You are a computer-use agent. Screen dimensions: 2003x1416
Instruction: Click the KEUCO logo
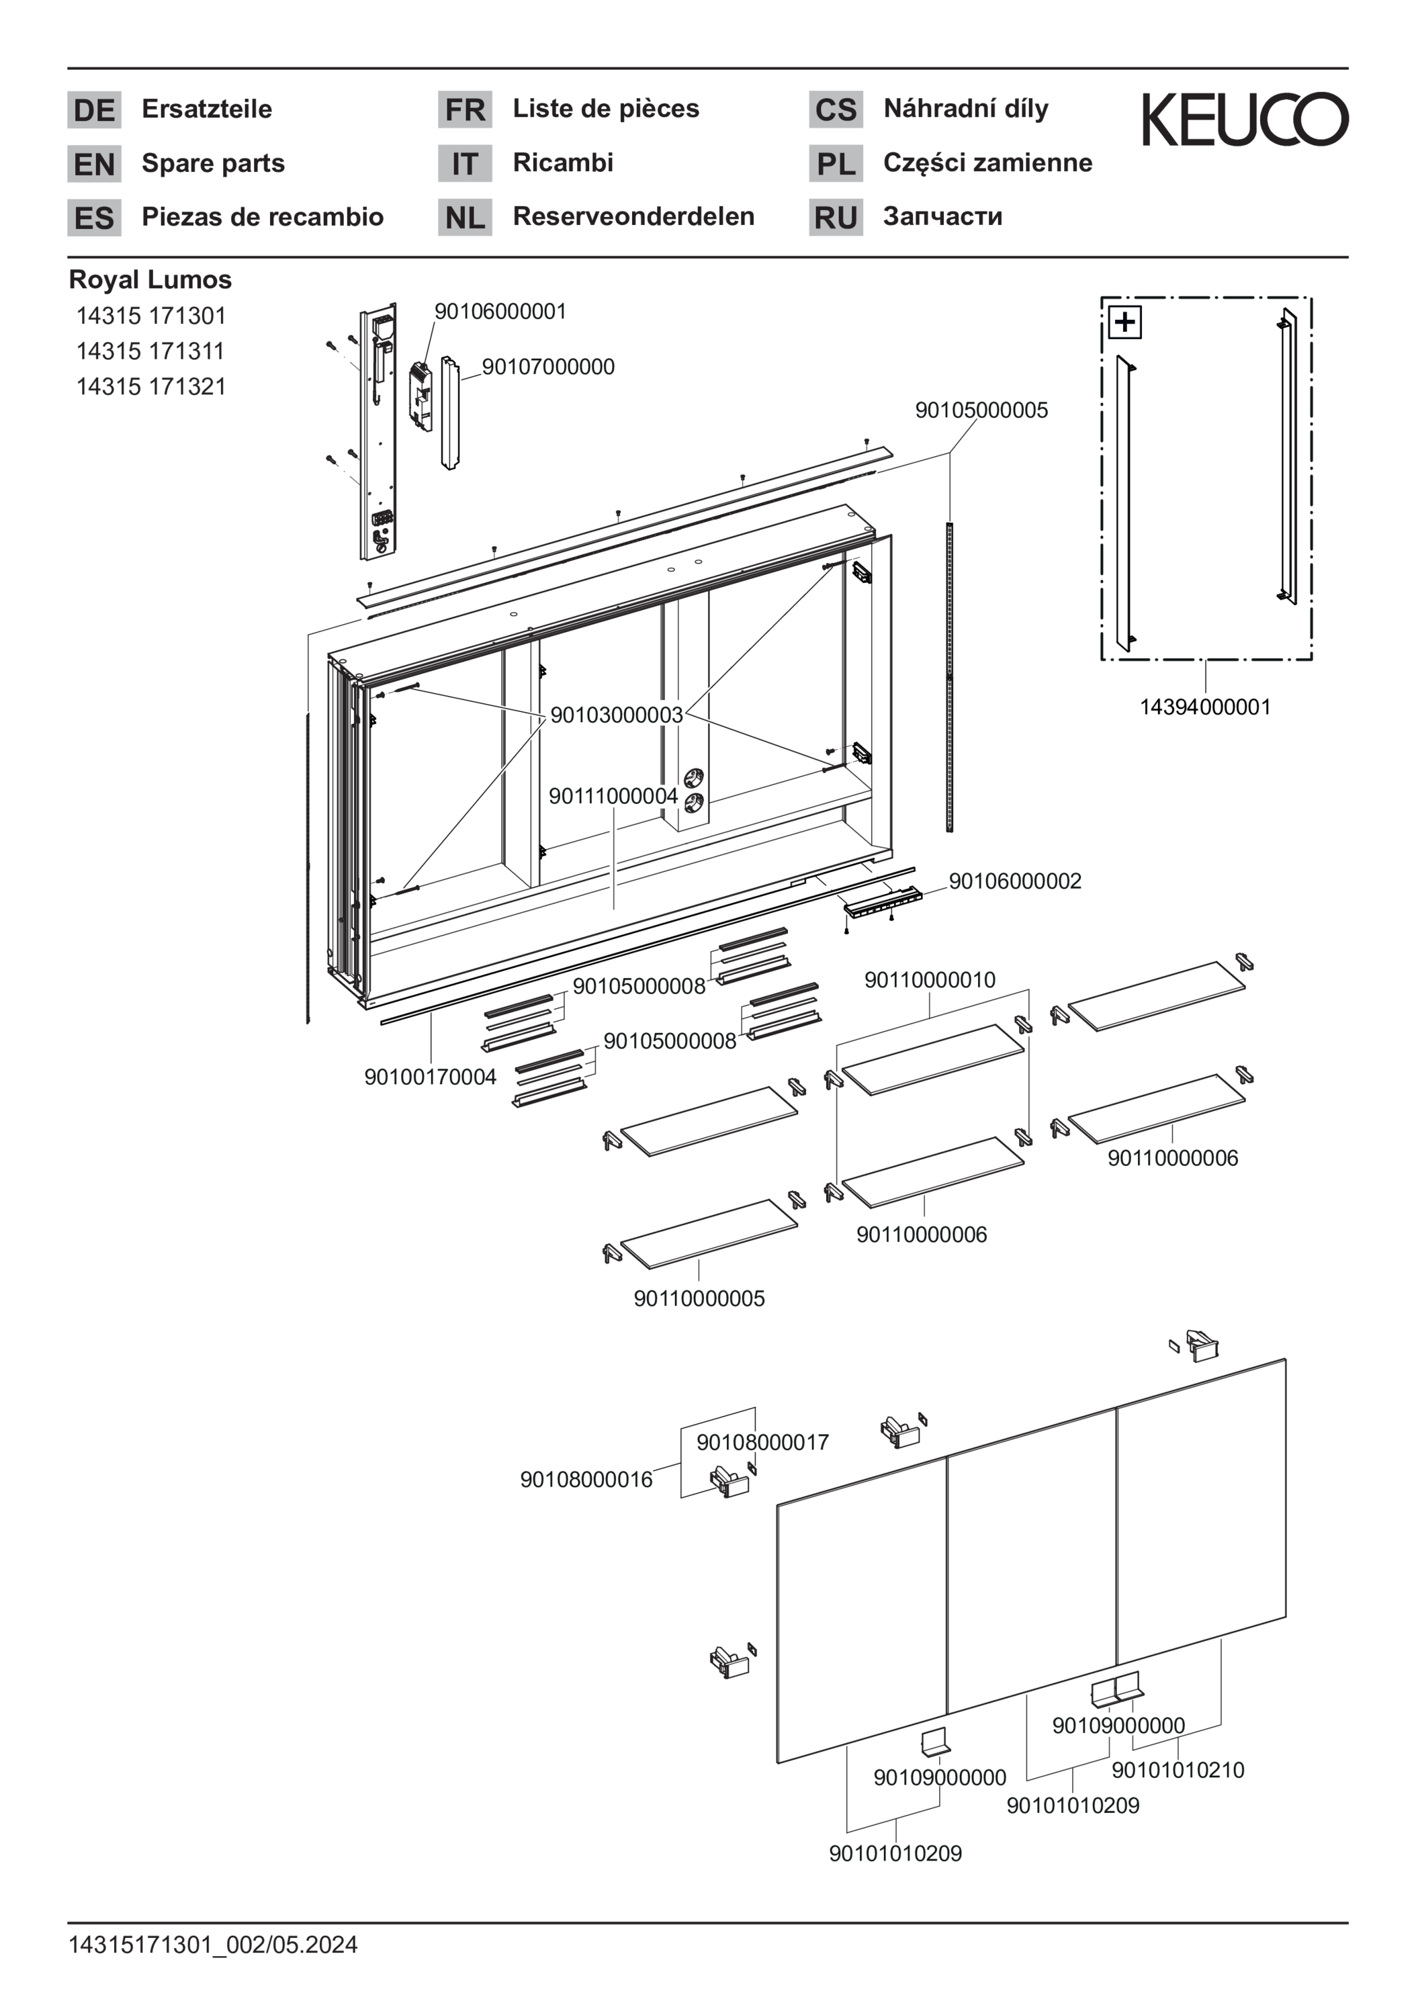1244,119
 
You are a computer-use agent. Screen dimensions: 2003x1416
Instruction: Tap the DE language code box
94,110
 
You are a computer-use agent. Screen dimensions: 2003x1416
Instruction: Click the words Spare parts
213,163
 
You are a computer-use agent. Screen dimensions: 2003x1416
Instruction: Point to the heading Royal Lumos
150,279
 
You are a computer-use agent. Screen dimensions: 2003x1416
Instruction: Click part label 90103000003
616,715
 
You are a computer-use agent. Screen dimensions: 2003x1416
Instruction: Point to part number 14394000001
1205,707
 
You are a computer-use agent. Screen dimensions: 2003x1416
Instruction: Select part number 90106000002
1015,881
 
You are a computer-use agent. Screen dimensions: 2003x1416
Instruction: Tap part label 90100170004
430,1077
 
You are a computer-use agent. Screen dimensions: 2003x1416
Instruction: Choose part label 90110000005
699,1298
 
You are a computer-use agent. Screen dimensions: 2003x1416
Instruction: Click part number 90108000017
762,1442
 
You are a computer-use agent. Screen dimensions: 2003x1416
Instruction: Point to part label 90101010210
1178,1770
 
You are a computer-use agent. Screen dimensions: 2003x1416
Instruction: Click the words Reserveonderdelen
633,216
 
